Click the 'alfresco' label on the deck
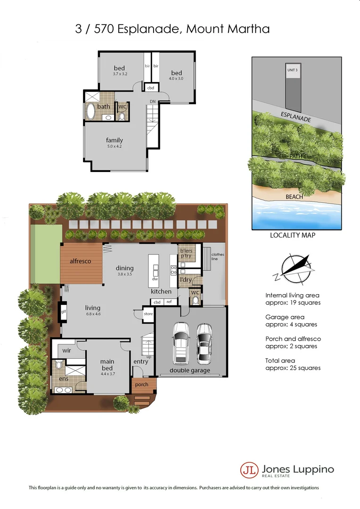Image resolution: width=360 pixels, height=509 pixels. [x=80, y=261]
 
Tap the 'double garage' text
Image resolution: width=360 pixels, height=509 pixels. [x=190, y=371]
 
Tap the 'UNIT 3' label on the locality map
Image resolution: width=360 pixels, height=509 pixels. [x=292, y=70]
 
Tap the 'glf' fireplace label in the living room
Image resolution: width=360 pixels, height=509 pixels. [x=63, y=311]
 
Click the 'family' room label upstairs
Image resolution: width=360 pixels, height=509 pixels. [x=115, y=140]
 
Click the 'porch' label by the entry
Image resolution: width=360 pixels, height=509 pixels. [x=141, y=385]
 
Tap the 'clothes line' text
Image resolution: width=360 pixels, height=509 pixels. [x=218, y=256]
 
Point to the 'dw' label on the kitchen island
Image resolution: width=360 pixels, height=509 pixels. [x=155, y=279]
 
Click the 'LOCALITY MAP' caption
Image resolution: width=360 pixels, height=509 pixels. [x=292, y=235]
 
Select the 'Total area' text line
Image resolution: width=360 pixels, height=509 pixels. [x=281, y=360]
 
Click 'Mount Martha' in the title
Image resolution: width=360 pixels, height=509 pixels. [x=228, y=29]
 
